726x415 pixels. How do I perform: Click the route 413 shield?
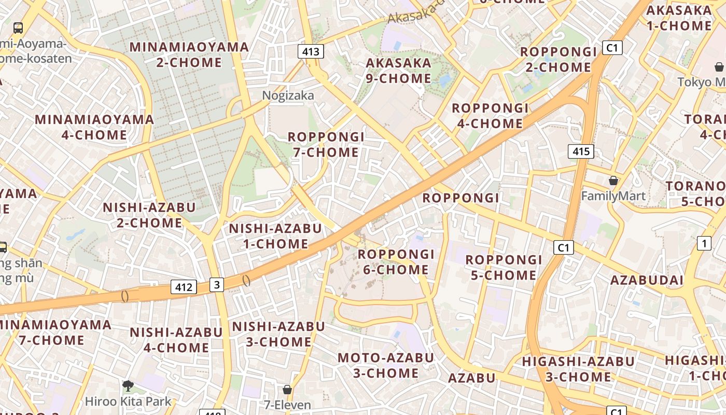click(x=311, y=51)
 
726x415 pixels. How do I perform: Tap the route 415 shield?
click(x=581, y=151)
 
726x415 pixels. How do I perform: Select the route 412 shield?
click(x=184, y=287)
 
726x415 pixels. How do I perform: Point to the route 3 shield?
click(x=217, y=284)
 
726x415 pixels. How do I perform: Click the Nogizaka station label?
click(x=288, y=95)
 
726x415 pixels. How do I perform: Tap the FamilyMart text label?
click(x=613, y=196)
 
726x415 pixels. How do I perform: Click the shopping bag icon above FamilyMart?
click(x=613, y=181)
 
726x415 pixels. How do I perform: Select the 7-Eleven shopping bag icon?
click(x=287, y=389)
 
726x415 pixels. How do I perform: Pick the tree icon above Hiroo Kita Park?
click(x=128, y=385)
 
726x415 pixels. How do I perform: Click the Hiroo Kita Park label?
click(x=128, y=401)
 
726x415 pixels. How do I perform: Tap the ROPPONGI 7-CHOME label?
click(x=326, y=144)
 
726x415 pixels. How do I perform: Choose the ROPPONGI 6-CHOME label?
click(x=395, y=262)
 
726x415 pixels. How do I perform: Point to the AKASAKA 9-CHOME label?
click(x=398, y=71)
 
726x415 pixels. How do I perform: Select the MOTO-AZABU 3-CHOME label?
click(x=385, y=365)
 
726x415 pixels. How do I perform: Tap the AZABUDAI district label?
click(x=647, y=280)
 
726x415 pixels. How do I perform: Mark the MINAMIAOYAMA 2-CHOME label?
click(x=189, y=54)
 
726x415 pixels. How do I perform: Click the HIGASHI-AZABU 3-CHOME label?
click(x=578, y=369)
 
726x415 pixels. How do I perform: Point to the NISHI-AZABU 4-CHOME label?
click(x=176, y=340)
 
